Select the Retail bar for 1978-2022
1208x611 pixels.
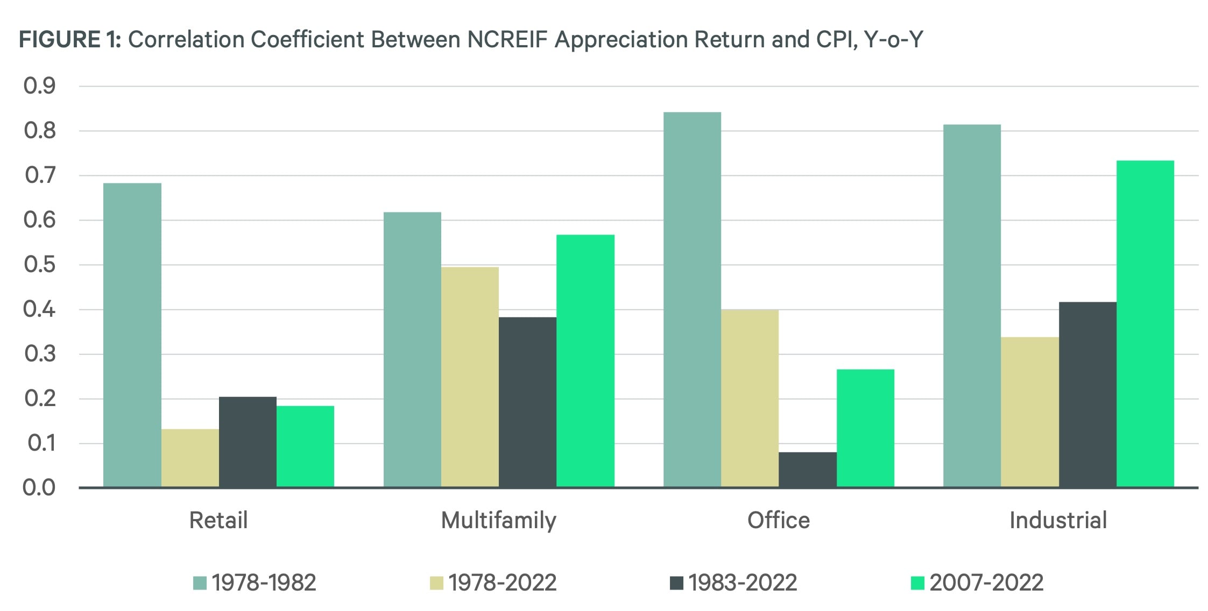[x=190, y=458]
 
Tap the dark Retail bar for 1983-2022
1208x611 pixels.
[x=248, y=442]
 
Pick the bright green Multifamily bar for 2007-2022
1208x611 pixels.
[x=585, y=361]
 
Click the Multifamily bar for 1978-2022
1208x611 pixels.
[x=470, y=377]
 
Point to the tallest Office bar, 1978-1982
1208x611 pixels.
[x=692, y=300]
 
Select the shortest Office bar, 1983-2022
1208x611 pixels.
[x=807, y=470]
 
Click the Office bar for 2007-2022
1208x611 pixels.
[x=865, y=428]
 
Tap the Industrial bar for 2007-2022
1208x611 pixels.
[x=1145, y=324]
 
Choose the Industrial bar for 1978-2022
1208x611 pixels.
[x=1029, y=412]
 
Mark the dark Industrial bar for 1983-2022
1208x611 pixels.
[x=1087, y=395]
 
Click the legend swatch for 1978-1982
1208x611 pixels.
[x=200, y=583]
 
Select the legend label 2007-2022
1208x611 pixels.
[x=986, y=583]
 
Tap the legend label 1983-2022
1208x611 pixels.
[x=743, y=583]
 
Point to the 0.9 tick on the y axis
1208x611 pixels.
[x=40, y=86]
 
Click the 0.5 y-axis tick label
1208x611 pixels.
[x=40, y=265]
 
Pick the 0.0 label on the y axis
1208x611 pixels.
[x=39, y=488]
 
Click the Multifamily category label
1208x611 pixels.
[x=498, y=521]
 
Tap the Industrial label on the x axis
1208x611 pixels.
[x=1058, y=521]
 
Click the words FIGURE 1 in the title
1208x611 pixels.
[x=70, y=40]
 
